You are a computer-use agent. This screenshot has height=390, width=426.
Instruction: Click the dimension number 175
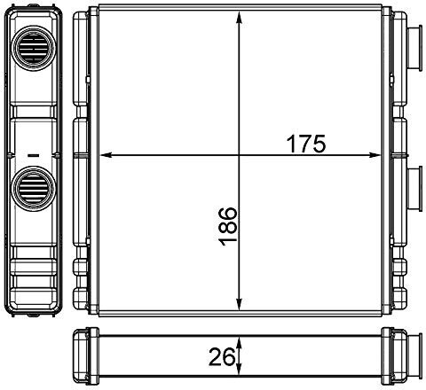click(x=306, y=144)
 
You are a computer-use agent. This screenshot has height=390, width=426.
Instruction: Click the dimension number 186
click(x=228, y=227)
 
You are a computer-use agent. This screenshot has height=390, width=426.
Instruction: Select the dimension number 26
click(x=222, y=357)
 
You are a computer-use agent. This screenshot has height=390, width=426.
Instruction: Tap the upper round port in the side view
click(x=33, y=48)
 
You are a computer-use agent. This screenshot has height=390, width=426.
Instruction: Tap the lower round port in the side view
click(x=33, y=189)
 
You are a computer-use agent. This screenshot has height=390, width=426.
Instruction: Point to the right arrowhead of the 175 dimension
click(x=374, y=155)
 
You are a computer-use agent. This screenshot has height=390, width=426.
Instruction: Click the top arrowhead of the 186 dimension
click(x=240, y=17)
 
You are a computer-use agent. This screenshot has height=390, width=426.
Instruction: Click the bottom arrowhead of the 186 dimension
click(x=240, y=305)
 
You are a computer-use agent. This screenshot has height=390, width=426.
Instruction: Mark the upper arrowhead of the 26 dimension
click(x=240, y=344)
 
